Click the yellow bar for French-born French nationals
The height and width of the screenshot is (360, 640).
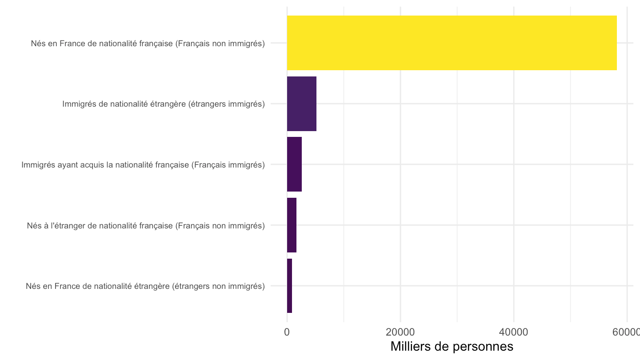[x=452, y=43]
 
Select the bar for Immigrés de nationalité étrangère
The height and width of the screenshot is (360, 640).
[x=302, y=104]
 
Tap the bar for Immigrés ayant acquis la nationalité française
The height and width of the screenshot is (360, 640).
[x=294, y=164]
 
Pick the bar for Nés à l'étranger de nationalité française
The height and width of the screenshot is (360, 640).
[x=292, y=225]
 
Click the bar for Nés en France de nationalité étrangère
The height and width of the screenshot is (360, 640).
[x=289, y=286]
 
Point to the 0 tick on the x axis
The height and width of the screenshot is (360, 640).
[x=287, y=332]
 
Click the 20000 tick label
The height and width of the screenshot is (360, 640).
[x=400, y=332]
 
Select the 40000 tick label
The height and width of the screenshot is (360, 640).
[x=513, y=332]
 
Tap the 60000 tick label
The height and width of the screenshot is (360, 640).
[x=626, y=332]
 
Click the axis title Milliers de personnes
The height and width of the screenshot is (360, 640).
[x=452, y=347]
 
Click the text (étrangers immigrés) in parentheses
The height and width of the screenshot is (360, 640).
[x=226, y=104]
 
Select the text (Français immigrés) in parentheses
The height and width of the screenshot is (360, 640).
[x=228, y=165]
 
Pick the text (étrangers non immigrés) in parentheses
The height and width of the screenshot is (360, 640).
[x=218, y=287]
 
